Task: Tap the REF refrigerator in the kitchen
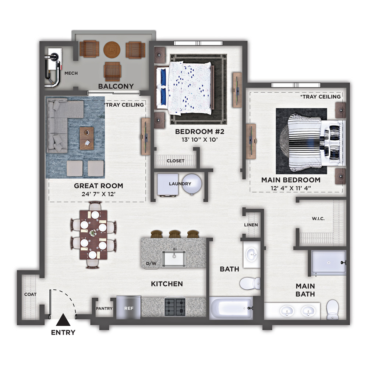coord(128,307)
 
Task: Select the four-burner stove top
coord(175,307)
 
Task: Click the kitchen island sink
coord(174,258)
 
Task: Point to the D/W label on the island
coord(151,263)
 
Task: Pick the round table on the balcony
coord(112,50)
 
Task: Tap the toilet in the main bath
coord(333,309)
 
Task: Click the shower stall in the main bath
coord(329,262)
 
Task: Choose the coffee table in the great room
coord(86,138)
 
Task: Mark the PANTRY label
coord(104,308)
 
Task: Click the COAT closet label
coord(30,294)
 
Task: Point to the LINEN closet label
coord(251,225)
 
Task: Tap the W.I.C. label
coord(318,219)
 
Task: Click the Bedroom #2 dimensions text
coord(200,139)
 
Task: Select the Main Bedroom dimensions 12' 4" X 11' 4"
coord(291,188)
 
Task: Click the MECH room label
coord(71,73)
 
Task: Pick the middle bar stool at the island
coord(175,234)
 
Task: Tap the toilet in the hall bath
coord(250,283)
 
